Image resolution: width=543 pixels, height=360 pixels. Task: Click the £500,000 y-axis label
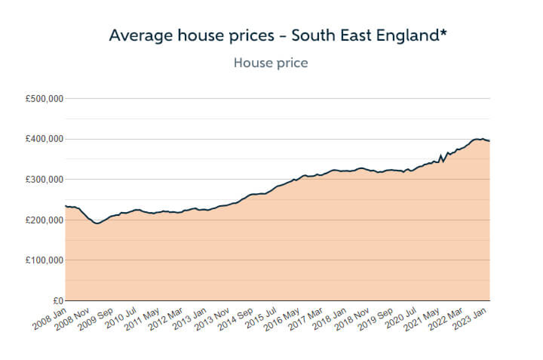44,99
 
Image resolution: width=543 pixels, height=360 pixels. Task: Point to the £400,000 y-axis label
44,139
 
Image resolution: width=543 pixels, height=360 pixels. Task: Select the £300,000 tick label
44,180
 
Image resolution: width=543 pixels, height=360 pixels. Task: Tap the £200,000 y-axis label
44,220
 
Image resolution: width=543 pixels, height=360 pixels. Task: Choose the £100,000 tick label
44,260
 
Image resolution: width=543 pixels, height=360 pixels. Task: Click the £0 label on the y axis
58,301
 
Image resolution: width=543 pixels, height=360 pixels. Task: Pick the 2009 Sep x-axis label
96,319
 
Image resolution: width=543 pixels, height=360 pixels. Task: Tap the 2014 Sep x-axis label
236,319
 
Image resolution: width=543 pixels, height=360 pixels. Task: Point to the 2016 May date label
282,319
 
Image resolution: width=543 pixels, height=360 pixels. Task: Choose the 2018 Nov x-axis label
352,319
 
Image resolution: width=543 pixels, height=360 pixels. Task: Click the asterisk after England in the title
443,33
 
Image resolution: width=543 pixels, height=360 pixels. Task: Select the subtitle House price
271,63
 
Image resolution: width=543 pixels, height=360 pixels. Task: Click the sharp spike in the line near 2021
441,155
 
